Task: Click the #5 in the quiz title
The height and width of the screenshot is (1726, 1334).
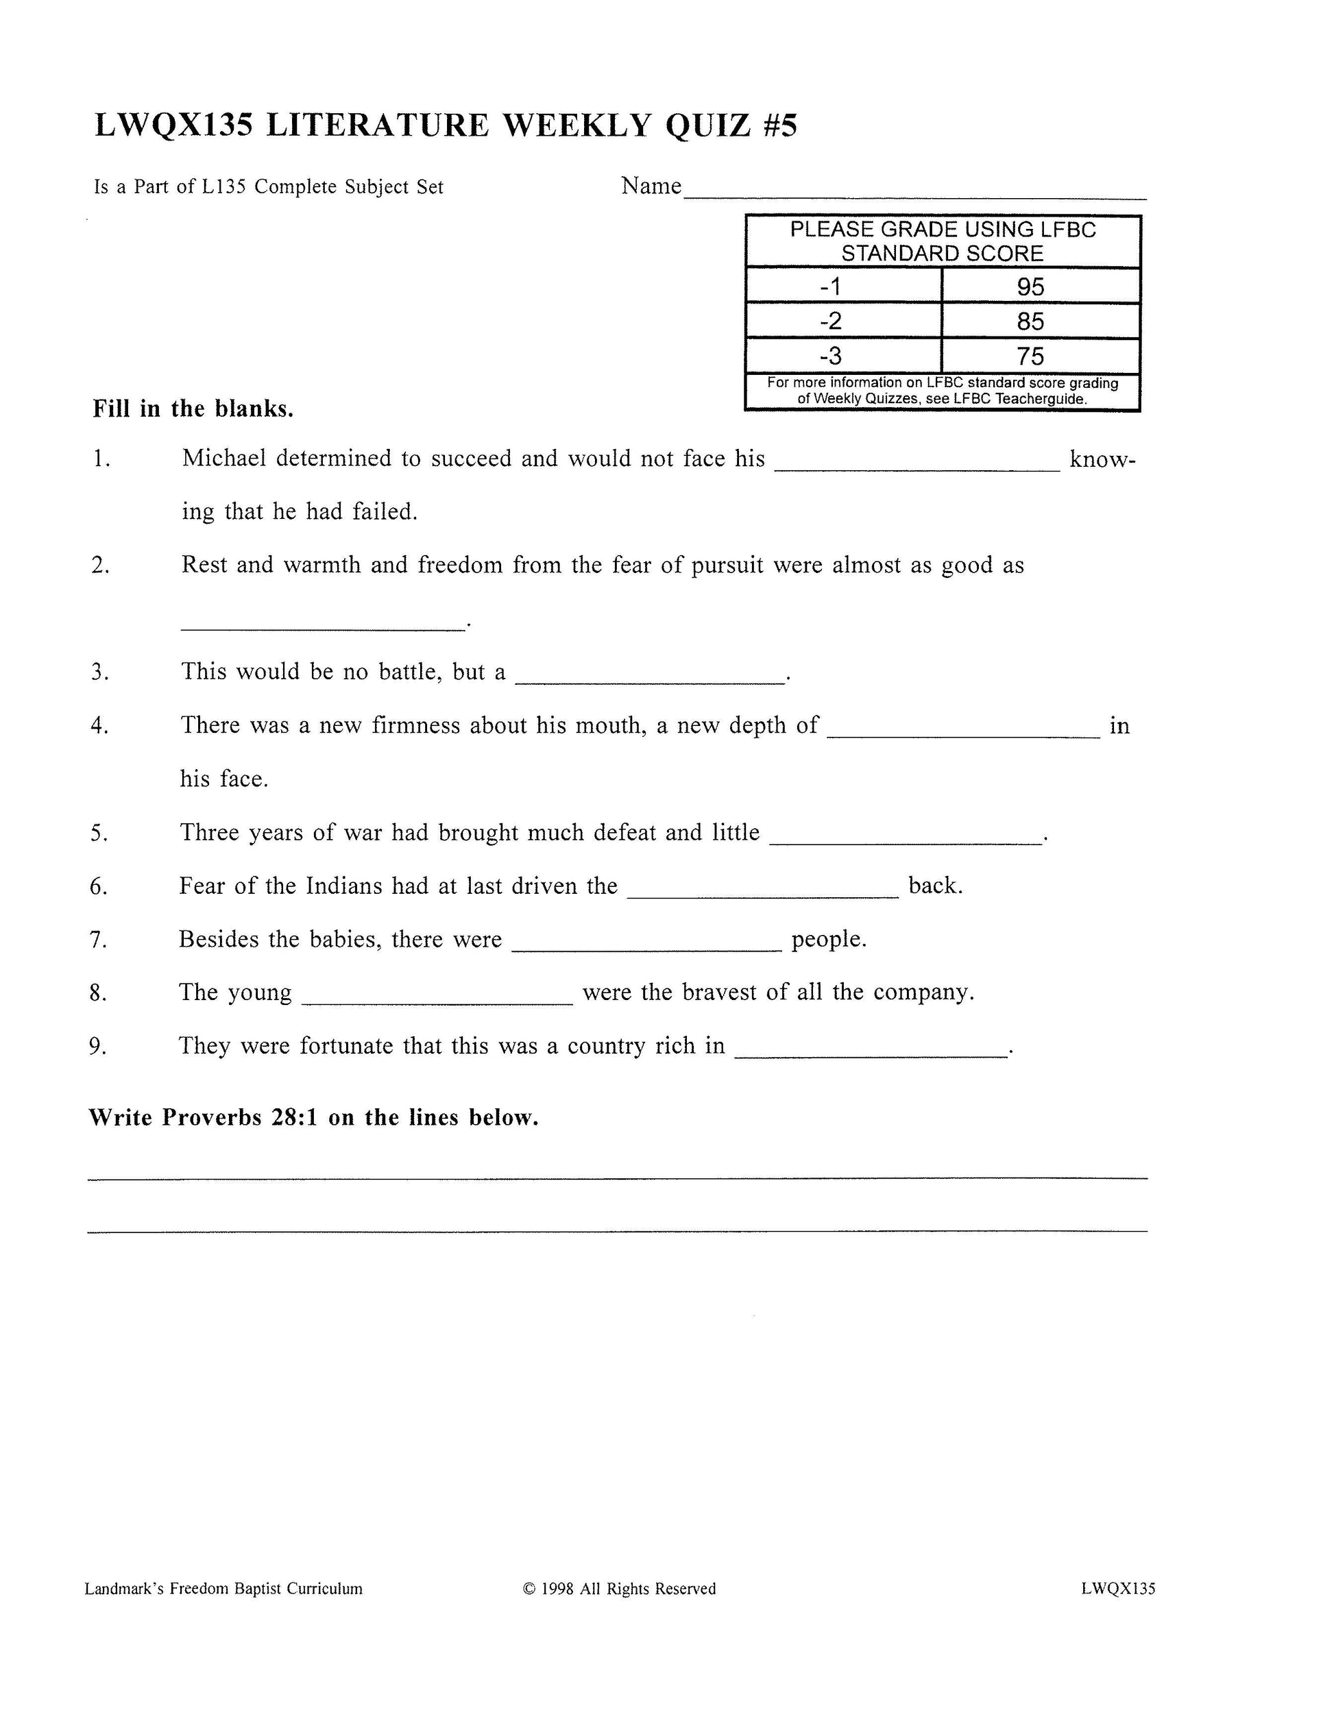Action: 781,125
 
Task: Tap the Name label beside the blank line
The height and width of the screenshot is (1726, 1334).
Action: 651,186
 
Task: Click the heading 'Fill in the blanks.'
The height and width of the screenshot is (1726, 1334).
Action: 193,409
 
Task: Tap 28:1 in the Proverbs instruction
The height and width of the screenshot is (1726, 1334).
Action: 295,1117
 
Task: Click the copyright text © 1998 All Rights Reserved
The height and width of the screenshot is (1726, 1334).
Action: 619,1588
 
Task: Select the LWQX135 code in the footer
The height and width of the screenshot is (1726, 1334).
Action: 1117,1588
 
